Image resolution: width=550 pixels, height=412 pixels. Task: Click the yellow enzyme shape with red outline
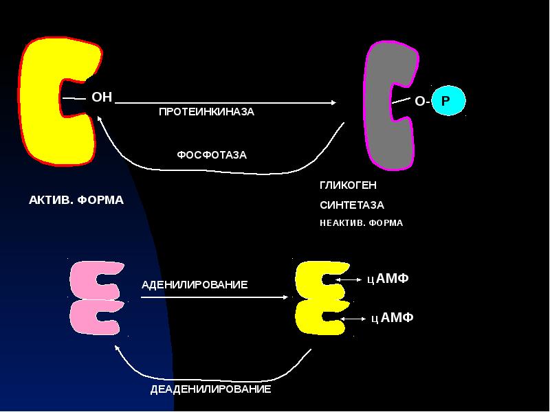(41, 103)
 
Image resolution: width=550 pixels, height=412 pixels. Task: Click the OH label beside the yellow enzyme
(102, 98)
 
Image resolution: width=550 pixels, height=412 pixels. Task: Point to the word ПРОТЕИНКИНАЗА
(206, 112)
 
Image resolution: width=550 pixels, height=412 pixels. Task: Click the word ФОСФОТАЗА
(212, 155)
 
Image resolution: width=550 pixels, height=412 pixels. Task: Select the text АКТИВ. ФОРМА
(76, 201)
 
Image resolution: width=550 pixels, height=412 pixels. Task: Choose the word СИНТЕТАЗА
(352, 205)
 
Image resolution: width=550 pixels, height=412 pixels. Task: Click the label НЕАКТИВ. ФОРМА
(361, 223)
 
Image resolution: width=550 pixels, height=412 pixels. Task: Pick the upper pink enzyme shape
(96, 279)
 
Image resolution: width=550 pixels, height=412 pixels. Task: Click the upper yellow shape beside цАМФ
(316, 279)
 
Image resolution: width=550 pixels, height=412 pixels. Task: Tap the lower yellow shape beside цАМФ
(316, 318)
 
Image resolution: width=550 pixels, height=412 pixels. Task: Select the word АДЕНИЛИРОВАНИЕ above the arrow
(194, 284)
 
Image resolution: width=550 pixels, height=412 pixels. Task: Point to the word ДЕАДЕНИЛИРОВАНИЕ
(211, 389)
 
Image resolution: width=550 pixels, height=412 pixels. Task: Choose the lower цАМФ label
(392, 317)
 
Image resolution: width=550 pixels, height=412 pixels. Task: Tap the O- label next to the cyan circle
(421, 102)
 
